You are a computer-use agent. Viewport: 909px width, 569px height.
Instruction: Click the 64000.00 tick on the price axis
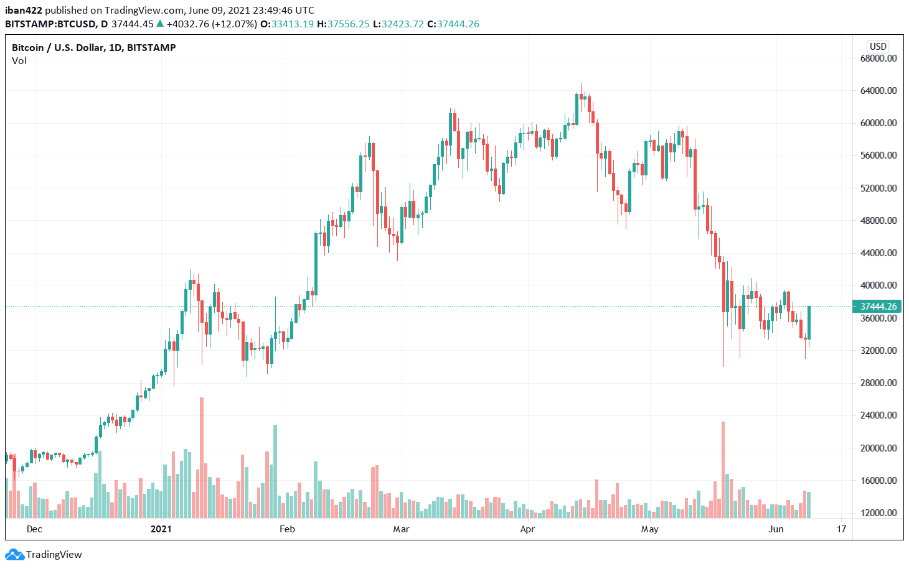click(878, 91)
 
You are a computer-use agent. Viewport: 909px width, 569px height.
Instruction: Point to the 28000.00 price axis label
click(878, 383)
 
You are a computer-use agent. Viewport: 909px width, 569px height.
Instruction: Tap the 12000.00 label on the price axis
click(878, 513)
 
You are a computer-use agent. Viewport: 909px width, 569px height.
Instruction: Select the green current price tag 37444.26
click(877, 307)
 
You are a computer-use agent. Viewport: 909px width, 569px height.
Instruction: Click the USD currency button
click(878, 47)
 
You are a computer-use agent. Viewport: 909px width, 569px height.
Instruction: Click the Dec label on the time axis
click(34, 529)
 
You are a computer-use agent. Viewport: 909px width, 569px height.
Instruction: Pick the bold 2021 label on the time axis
click(161, 529)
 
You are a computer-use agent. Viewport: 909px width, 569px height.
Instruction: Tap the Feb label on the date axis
click(287, 529)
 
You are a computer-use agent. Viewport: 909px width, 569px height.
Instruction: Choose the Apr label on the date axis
click(527, 529)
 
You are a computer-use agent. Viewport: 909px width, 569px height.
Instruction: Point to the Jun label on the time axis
click(776, 529)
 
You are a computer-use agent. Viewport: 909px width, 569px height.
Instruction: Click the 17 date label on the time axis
click(842, 529)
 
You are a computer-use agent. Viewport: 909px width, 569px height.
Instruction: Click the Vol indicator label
click(19, 61)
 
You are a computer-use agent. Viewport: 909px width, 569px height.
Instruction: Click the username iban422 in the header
click(24, 10)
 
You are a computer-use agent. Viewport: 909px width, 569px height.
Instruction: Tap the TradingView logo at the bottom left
click(44, 555)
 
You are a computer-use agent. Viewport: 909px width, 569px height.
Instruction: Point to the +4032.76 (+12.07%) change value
click(212, 24)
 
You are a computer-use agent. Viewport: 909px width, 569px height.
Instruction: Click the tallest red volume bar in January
click(202, 457)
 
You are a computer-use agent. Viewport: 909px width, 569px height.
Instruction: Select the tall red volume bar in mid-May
click(723, 470)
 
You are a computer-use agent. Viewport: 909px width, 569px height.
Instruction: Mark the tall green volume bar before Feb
click(275, 471)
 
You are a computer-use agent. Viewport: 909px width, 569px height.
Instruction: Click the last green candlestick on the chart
click(809, 322)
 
